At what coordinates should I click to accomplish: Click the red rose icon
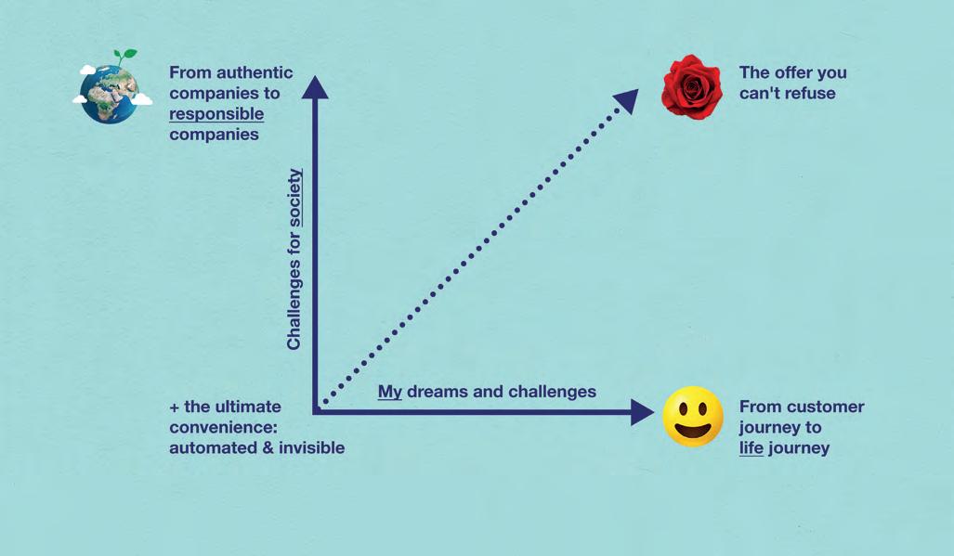pyautogui.click(x=691, y=86)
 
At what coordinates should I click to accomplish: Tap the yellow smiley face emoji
pyautogui.click(x=693, y=417)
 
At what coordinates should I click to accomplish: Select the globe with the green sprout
pyautogui.click(x=110, y=92)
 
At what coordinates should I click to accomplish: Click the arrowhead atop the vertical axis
pyautogui.click(x=315, y=87)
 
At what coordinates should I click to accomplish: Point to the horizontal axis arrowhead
pyautogui.click(x=642, y=412)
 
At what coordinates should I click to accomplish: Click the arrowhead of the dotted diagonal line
pyautogui.click(x=626, y=99)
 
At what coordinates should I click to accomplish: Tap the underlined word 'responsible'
pyautogui.click(x=216, y=114)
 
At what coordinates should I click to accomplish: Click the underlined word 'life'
pyautogui.click(x=751, y=448)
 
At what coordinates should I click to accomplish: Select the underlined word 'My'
pyautogui.click(x=390, y=392)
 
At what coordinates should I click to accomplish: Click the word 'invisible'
pyautogui.click(x=308, y=448)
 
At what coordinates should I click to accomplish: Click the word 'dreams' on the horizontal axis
pyautogui.click(x=438, y=392)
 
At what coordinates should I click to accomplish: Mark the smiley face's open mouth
pyautogui.click(x=693, y=430)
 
